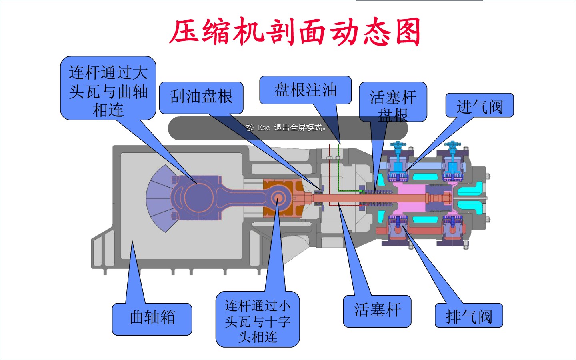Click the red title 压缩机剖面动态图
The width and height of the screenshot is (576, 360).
(x=295, y=32)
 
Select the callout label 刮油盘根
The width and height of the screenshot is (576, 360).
(x=201, y=97)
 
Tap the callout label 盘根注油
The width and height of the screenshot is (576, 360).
(x=305, y=90)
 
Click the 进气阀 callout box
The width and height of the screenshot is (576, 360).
(x=479, y=106)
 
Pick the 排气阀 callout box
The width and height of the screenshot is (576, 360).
(x=468, y=316)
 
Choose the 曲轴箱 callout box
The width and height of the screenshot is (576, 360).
(x=152, y=318)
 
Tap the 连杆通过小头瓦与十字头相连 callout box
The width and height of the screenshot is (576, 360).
(x=258, y=320)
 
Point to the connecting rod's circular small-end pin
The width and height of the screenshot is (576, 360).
(x=277, y=197)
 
